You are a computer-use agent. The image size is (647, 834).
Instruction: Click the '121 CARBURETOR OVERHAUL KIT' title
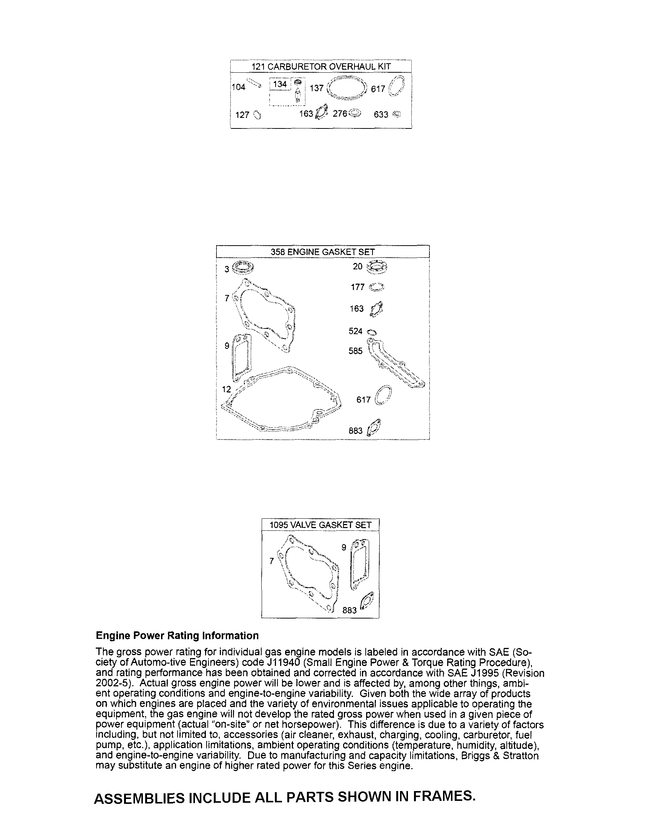[x=320, y=66]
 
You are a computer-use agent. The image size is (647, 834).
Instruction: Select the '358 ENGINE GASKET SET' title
[x=322, y=252]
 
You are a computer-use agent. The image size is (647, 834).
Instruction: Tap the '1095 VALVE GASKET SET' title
[x=320, y=525]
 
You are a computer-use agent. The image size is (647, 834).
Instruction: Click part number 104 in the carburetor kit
[x=238, y=87]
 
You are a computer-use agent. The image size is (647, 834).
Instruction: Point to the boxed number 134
[x=280, y=84]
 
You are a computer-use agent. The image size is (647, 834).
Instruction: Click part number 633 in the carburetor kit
[x=381, y=115]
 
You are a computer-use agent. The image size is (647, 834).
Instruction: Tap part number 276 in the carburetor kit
[x=340, y=114]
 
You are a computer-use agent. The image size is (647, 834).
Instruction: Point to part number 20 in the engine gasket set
[x=357, y=266]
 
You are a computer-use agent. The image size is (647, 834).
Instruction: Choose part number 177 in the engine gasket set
[x=358, y=287]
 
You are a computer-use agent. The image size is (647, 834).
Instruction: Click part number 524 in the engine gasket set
[x=356, y=331]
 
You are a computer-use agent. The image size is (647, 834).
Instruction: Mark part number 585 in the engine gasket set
[x=356, y=351]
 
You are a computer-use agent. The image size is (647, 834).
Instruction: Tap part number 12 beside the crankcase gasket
[x=227, y=389]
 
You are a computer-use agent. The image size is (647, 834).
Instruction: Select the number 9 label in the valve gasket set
[x=343, y=548]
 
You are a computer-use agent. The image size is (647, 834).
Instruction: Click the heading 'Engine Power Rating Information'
[x=177, y=635]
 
